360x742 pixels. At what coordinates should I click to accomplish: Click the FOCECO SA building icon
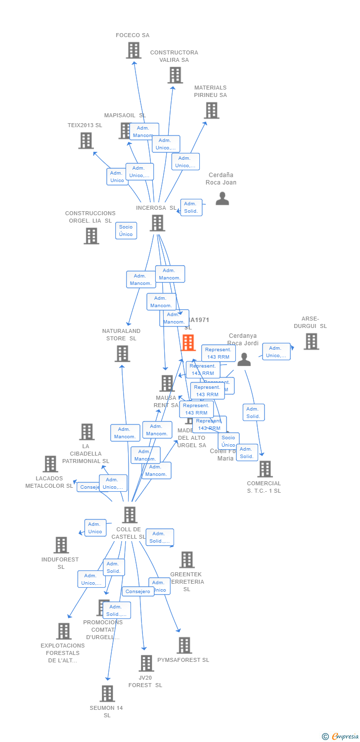tap(134, 50)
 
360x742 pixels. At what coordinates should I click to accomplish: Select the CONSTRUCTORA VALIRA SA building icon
tap(175, 75)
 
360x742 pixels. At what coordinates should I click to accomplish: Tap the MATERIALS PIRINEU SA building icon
tap(212, 110)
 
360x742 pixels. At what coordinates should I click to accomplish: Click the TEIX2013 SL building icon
tap(86, 140)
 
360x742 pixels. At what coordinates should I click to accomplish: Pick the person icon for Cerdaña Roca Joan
tap(223, 198)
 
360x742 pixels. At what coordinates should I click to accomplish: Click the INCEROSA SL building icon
tap(157, 223)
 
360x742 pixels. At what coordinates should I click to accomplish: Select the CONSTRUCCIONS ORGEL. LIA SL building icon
tap(91, 236)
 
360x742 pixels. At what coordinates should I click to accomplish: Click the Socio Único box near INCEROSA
tap(126, 231)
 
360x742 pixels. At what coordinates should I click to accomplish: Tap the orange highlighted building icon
tap(188, 342)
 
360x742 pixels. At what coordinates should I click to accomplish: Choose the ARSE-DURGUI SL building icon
tap(311, 341)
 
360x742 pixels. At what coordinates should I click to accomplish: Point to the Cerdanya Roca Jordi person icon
tap(244, 360)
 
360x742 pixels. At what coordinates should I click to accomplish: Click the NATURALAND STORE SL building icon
tap(123, 354)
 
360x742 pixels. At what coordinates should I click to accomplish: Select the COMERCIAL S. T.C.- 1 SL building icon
tap(265, 469)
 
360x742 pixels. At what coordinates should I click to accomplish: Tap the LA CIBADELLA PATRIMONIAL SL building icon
tap(87, 432)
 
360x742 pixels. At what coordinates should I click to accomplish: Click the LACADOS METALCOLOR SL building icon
tap(50, 464)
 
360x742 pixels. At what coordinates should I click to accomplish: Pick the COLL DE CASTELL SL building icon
tap(130, 515)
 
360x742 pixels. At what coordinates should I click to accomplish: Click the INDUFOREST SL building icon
tap(61, 545)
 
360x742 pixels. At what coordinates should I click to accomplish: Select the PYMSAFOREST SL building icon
tap(184, 645)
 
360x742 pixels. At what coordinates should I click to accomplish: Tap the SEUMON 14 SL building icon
tap(107, 694)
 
